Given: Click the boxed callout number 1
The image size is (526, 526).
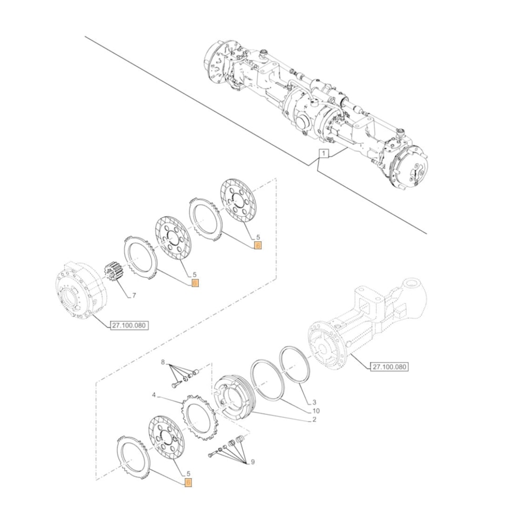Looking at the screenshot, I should coord(324,154).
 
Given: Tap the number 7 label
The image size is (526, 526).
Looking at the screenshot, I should coord(134,296).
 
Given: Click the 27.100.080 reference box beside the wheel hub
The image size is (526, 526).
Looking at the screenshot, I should coord(129,326).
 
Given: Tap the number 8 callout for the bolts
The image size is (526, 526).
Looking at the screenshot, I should coord(163,362).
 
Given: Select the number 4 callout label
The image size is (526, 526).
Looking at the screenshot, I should coord(154,394).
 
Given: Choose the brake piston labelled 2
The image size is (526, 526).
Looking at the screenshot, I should coord(235,397).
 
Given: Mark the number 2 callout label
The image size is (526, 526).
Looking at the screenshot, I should coord(314,419).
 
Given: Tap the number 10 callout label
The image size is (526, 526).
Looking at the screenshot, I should coord(316,411).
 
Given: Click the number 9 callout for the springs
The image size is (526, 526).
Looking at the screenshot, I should coord(252,462).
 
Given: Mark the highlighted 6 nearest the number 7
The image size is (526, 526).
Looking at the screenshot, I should coord(195,283).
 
